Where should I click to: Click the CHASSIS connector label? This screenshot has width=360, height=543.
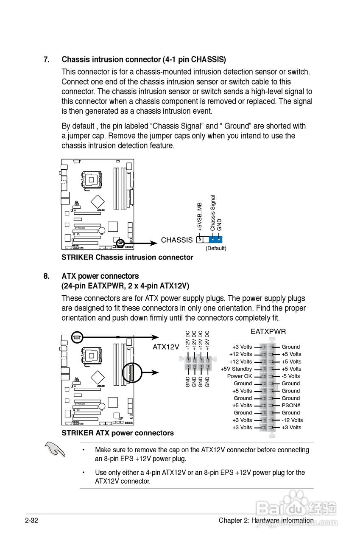(176, 240)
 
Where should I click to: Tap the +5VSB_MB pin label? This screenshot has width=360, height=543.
(199, 217)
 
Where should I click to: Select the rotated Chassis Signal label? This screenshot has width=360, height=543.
(213, 213)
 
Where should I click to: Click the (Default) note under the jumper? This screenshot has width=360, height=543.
(216, 248)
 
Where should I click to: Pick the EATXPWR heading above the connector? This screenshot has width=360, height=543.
(268, 331)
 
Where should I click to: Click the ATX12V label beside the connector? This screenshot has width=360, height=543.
(166, 347)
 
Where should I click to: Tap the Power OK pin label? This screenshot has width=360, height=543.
(239, 376)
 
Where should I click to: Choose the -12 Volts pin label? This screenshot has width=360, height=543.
(292, 420)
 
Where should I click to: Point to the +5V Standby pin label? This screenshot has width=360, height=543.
(236, 369)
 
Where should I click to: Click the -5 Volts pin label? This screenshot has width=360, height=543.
(290, 376)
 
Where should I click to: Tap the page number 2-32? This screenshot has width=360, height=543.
(32, 521)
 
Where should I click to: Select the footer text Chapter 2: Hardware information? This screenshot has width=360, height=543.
(266, 521)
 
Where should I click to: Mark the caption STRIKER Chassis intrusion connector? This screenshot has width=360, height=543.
(127, 257)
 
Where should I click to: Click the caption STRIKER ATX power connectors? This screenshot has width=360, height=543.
(117, 433)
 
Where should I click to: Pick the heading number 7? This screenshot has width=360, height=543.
(46, 59)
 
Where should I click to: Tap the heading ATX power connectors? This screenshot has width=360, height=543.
(100, 276)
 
